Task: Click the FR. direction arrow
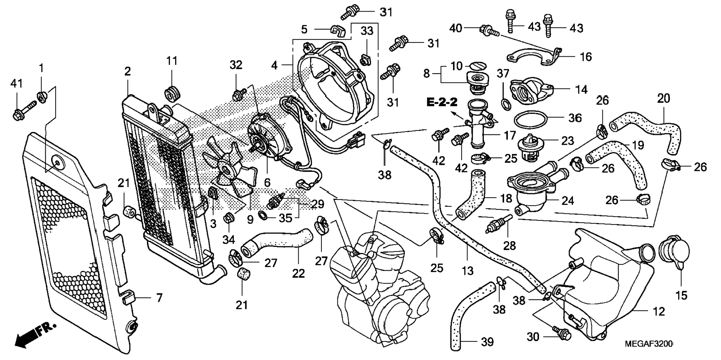point(35,335)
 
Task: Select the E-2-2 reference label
point(442,102)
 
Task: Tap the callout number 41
point(16,84)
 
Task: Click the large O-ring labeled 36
point(531,120)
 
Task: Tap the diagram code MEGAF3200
point(649,343)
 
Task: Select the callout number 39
point(487,342)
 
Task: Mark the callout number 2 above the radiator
point(127,71)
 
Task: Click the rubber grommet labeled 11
point(172,93)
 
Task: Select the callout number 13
point(467,270)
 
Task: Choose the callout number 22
point(298,273)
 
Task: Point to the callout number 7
point(159,298)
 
